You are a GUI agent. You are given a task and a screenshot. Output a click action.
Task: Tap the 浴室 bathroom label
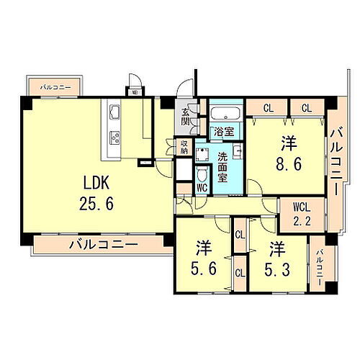[x=225, y=132]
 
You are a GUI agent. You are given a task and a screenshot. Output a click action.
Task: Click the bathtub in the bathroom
[x=226, y=114]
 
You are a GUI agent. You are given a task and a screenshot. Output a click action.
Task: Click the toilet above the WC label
[x=202, y=174]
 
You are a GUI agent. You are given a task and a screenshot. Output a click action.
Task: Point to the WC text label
[x=202, y=187]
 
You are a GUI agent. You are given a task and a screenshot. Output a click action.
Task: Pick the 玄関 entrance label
[x=186, y=117]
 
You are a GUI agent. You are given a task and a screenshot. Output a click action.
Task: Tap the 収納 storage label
[x=184, y=147]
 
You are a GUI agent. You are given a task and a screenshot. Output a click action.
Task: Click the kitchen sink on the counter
[x=114, y=112]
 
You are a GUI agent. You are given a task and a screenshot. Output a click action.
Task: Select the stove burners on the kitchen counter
[x=114, y=136]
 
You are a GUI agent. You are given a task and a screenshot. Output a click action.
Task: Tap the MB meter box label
[x=134, y=91]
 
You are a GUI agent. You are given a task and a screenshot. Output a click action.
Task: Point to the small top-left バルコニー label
[x=54, y=87]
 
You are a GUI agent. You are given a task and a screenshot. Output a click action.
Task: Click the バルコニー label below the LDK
[x=103, y=246]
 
